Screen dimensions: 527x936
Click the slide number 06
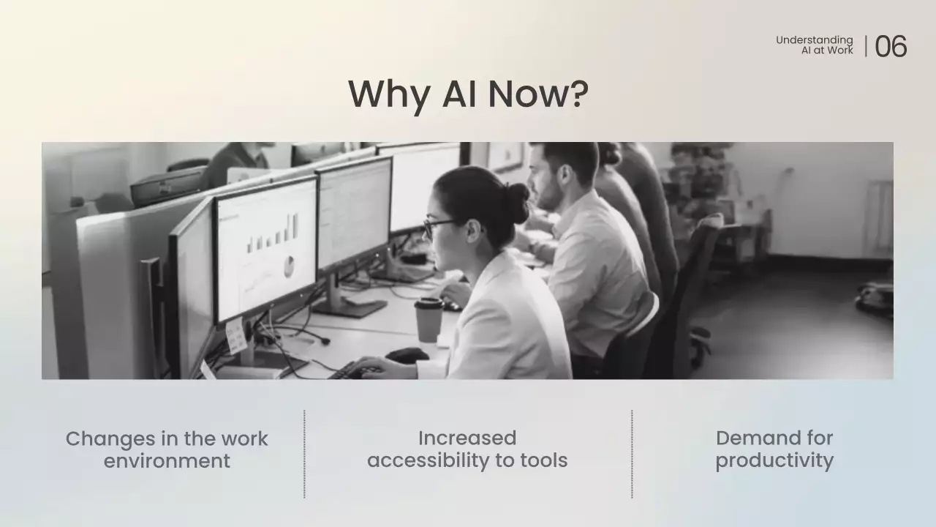pyautogui.click(x=891, y=46)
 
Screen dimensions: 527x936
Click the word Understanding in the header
pyautogui.click(x=814, y=40)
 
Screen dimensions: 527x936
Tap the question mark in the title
pyautogui.click(x=577, y=94)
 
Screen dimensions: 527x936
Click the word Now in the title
pyautogui.click(x=524, y=94)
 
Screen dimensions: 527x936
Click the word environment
pyautogui.click(x=167, y=461)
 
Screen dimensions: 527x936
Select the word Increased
pyautogui.click(x=467, y=438)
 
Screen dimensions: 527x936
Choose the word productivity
pyautogui.click(x=774, y=460)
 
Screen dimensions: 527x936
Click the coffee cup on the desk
pyautogui.click(x=429, y=319)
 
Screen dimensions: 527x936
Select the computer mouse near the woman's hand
pyautogui.click(x=407, y=355)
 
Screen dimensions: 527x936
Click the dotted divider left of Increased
pyautogui.click(x=304, y=454)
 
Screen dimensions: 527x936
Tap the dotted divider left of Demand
pyautogui.click(x=632, y=454)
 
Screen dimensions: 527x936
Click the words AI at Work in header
pyautogui.click(x=827, y=51)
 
